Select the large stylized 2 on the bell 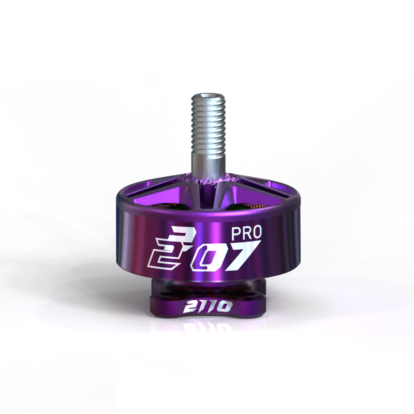(164, 250)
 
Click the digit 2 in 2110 (188, 307)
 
